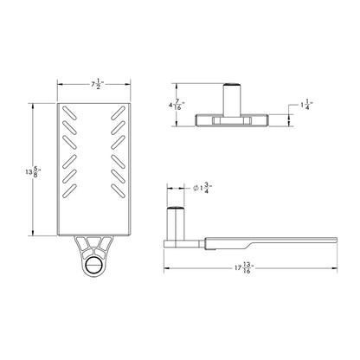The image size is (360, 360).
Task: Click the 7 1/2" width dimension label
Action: [98, 85]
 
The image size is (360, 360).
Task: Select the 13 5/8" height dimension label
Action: [33, 171]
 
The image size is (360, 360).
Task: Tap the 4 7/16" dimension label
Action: [177, 105]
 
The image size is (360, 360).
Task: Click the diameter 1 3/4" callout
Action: [202, 188]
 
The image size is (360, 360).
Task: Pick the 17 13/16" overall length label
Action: [244, 267]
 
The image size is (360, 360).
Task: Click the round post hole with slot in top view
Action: [93, 265]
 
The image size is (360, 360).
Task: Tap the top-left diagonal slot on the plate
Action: [69, 112]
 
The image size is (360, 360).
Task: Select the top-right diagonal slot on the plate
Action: [119, 112]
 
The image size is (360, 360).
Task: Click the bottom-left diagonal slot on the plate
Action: [69, 191]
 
